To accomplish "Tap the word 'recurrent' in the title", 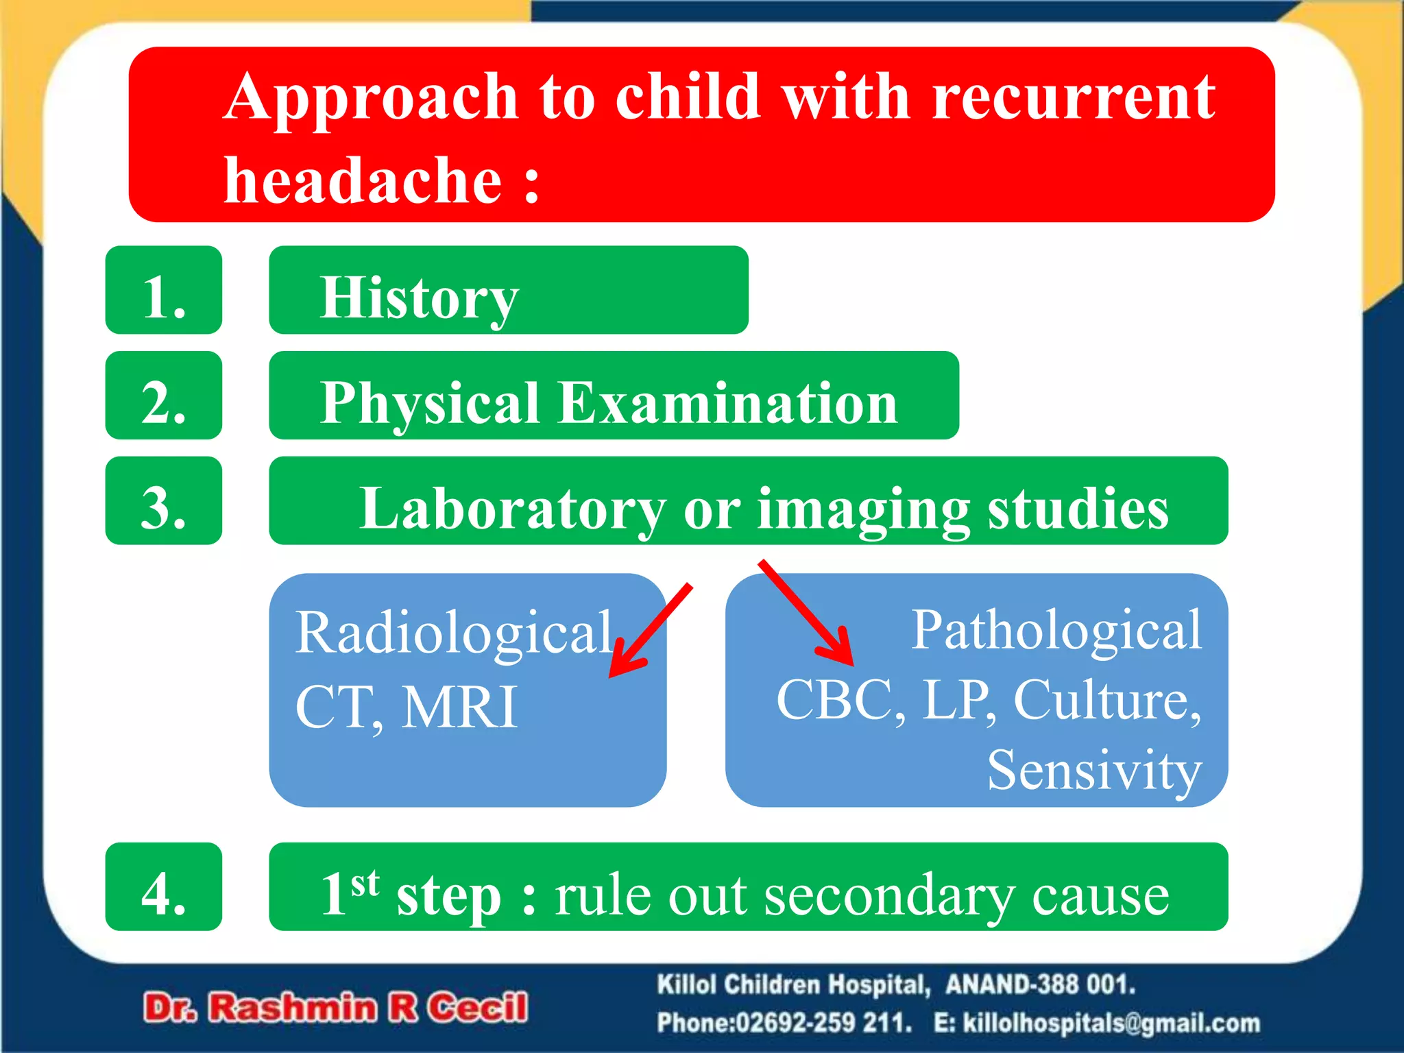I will (x=1074, y=97).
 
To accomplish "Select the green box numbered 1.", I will (x=163, y=290).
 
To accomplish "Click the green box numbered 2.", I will (x=163, y=396).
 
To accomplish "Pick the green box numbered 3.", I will (x=163, y=501).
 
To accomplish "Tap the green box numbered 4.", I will (x=163, y=887).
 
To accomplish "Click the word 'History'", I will (x=419, y=298).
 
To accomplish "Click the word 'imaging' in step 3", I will (x=864, y=510).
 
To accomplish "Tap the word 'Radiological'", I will (x=454, y=632).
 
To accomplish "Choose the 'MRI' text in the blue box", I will (x=459, y=707).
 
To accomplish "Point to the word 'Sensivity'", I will (x=1094, y=771).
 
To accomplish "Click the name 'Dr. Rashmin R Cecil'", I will (x=335, y=1008).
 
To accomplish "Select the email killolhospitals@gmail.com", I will (x=1111, y=1023).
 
